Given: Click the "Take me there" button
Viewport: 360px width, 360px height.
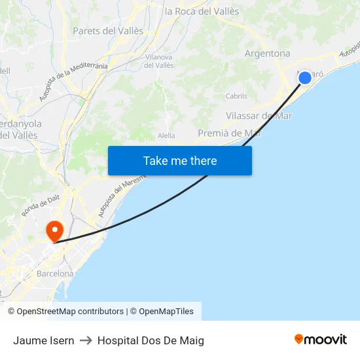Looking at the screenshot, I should pyautogui.click(x=180, y=160).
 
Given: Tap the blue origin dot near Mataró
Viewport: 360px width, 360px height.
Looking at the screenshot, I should pyautogui.click(x=305, y=78).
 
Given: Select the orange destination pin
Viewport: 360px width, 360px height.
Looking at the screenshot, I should pyautogui.click(x=54, y=231).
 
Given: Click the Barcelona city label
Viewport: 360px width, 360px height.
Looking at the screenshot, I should pyautogui.click(x=55, y=274).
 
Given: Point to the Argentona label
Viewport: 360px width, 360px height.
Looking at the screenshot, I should pyautogui.click(x=267, y=54).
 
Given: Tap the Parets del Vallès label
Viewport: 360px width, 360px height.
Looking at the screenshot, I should pyautogui.click(x=108, y=31).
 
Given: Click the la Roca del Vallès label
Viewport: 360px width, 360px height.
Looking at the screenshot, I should pyautogui.click(x=202, y=11).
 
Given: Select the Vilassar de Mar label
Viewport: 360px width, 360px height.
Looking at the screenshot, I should pyautogui.click(x=259, y=116).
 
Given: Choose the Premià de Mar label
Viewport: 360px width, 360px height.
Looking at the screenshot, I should pyautogui.click(x=230, y=133).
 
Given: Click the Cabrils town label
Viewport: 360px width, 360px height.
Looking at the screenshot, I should pyautogui.click(x=236, y=96).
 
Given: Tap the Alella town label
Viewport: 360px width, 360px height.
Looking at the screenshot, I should pyautogui.click(x=167, y=135).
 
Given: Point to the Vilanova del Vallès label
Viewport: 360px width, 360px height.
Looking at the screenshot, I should pyautogui.click(x=158, y=61).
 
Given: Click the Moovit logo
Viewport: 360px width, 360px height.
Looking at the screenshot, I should pyautogui.click(x=320, y=339).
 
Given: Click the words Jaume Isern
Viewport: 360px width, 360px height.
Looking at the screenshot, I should pyautogui.click(x=43, y=340).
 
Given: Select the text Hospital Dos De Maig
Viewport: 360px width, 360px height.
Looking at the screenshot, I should pyautogui.click(x=151, y=340).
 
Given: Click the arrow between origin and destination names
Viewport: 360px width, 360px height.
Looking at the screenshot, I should pyautogui.click(x=86, y=340).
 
